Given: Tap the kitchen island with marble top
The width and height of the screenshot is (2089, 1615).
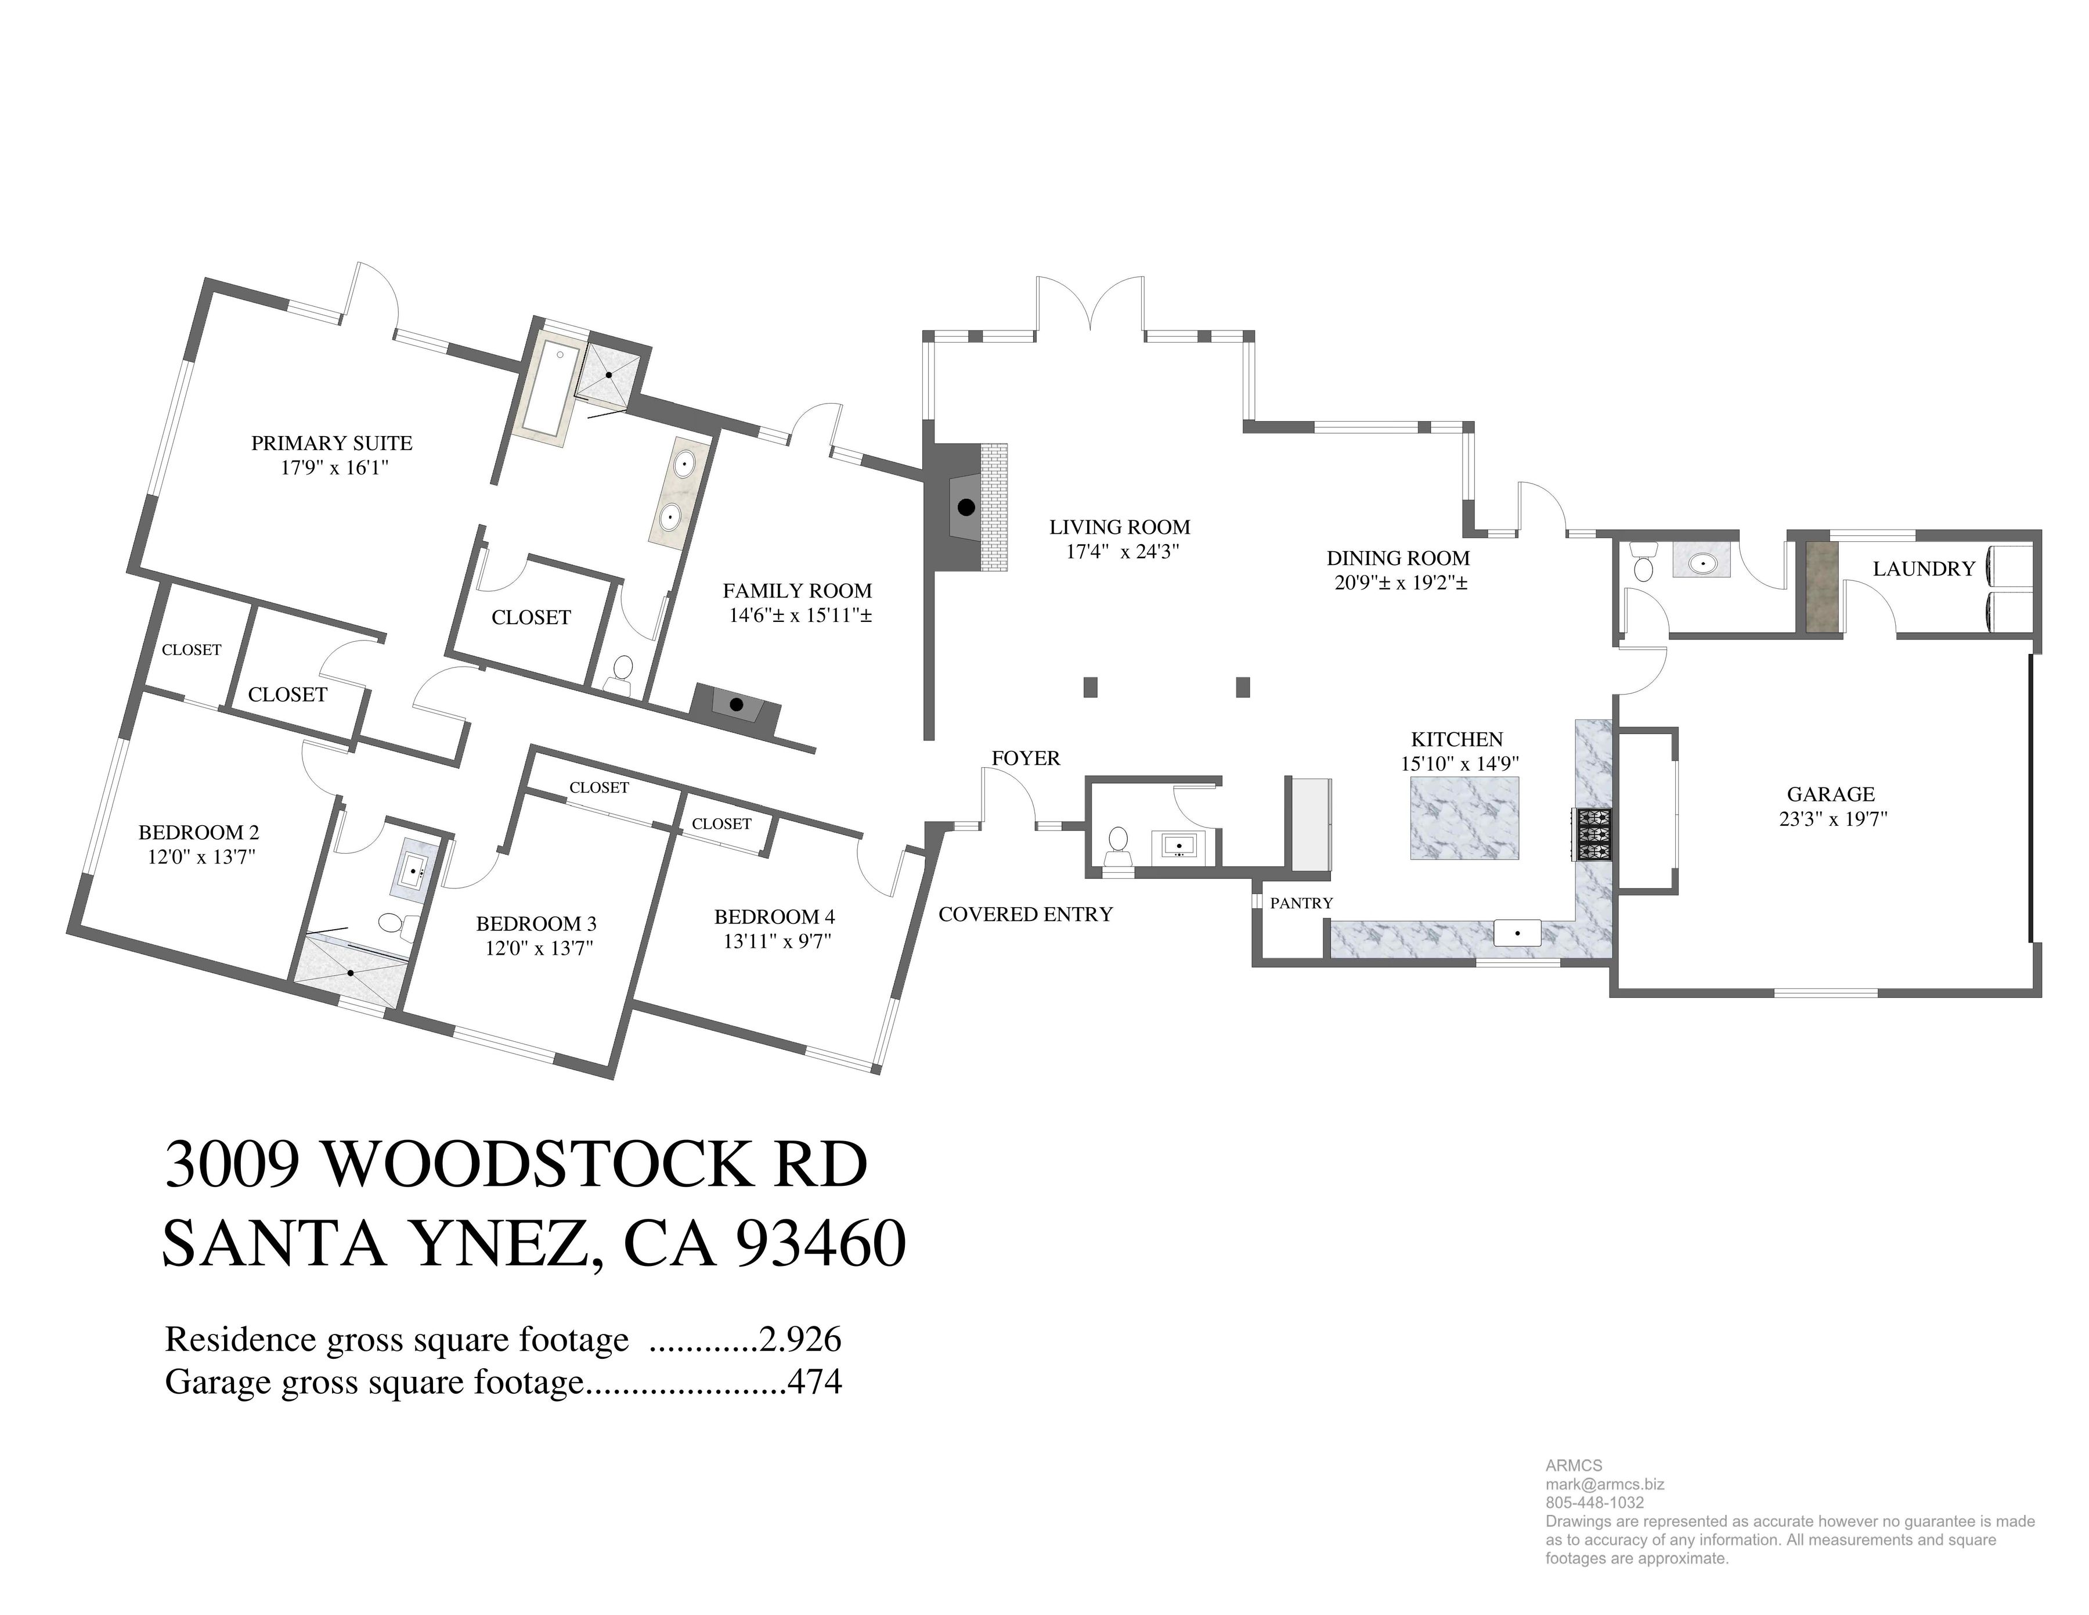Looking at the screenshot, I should click(x=1463, y=818).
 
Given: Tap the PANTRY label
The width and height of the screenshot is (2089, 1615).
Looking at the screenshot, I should click(x=1301, y=903).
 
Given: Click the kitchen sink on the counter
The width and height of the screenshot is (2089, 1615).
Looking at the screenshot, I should click(x=1517, y=933).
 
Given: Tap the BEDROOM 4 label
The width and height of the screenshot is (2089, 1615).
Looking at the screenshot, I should click(x=775, y=916).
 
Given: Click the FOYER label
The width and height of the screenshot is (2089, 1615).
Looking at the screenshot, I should click(x=1026, y=758).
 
